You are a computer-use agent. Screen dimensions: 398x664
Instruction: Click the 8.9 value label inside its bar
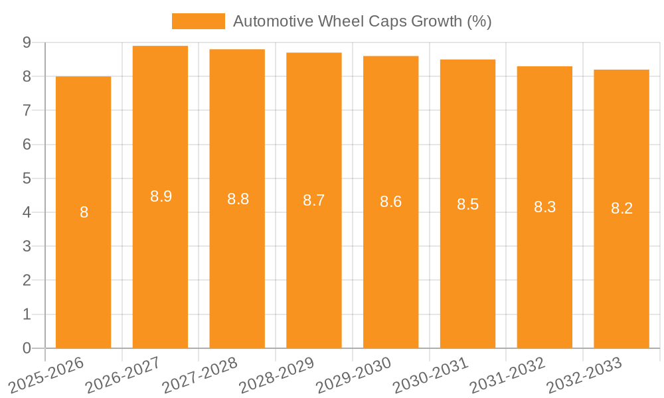[x=161, y=196]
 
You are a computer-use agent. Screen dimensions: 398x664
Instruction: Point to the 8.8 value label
[x=238, y=199]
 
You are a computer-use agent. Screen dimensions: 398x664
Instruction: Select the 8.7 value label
[x=313, y=200]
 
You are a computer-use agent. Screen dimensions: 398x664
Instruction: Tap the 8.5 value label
[x=467, y=204]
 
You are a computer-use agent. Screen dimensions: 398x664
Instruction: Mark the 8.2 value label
[x=622, y=209]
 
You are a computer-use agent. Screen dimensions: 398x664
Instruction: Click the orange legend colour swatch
[x=198, y=21]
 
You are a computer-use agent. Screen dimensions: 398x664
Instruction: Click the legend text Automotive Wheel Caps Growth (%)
[x=362, y=21]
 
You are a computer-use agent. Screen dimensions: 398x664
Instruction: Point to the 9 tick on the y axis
[x=27, y=42]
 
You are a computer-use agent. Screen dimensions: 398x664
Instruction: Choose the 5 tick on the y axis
[x=27, y=178]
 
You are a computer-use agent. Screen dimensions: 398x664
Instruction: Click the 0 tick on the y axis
[x=27, y=348]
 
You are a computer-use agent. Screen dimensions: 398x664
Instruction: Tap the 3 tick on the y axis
[x=27, y=247]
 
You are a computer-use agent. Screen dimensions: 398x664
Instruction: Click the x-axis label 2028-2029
[x=278, y=375]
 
